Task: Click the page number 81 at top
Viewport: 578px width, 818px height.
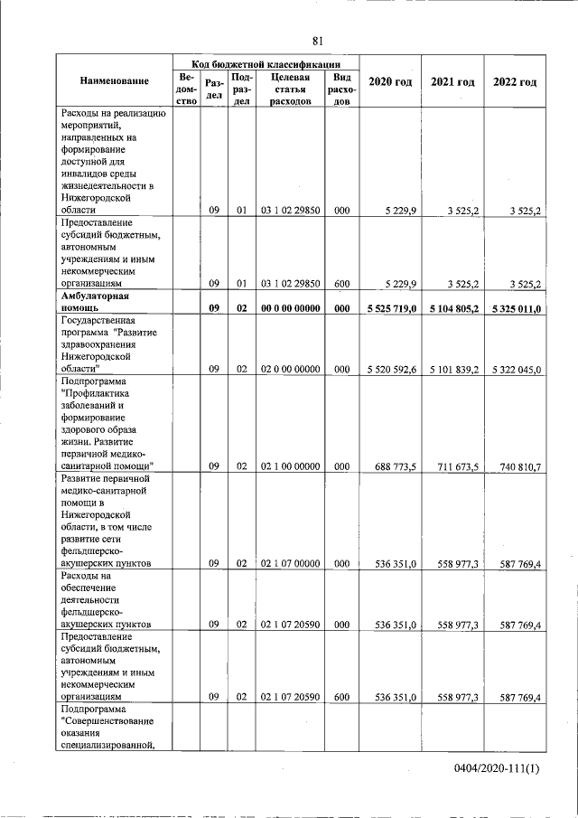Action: [318, 41]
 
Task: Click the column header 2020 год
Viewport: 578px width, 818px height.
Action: [390, 82]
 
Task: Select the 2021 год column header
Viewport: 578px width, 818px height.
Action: [452, 82]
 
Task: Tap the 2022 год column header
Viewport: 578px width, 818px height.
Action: [515, 82]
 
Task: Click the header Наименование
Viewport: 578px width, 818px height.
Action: [114, 82]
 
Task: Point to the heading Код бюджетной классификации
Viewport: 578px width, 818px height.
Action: [266, 64]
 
